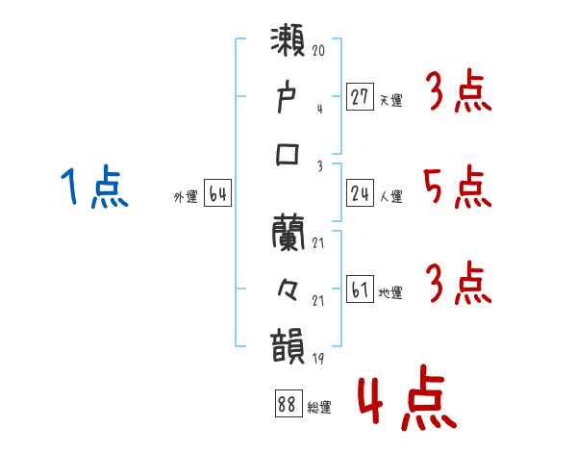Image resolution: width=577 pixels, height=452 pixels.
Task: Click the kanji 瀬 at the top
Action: click(x=288, y=44)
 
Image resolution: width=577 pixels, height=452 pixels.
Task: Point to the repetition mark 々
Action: click(x=288, y=288)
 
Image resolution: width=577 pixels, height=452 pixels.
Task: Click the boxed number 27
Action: click(x=360, y=97)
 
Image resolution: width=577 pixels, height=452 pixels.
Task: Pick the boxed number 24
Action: click(x=360, y=194)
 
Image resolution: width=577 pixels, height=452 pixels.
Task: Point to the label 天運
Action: click(x=390, y=100)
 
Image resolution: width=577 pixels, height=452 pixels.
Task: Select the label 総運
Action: click(x=319, y=407)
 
